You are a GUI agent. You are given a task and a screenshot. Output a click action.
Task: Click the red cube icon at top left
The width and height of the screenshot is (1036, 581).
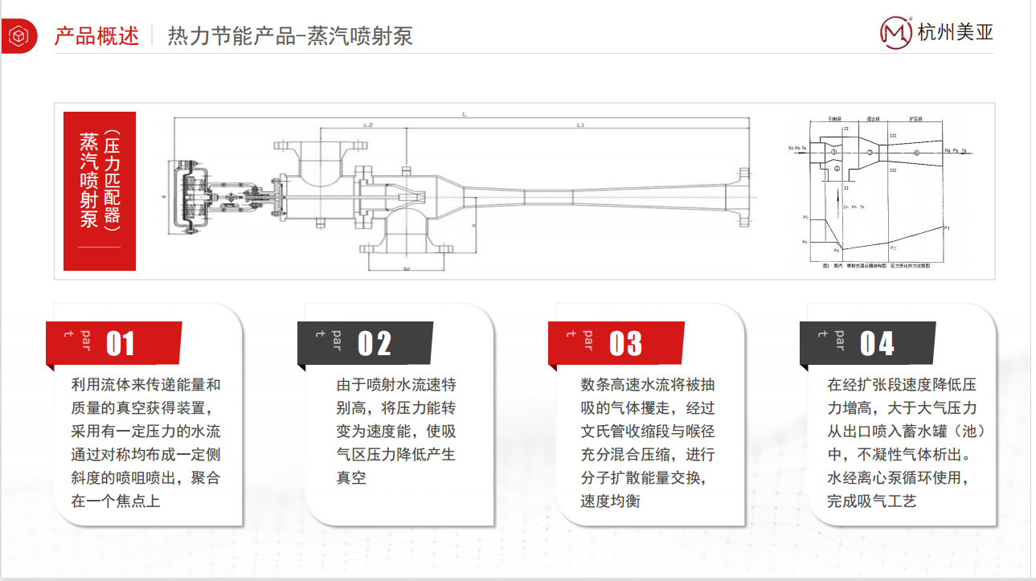pyautogui.click(x=17, y=36)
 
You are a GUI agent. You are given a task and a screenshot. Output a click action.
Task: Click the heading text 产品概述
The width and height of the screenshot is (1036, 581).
pyautogui.click(x=96, y=36)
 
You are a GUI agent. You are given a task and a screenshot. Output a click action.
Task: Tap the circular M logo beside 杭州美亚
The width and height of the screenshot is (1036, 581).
pyautogui.click(x=896, y=33)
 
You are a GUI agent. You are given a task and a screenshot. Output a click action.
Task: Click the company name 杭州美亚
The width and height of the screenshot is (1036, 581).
pyautogui.click(x=956, y=33)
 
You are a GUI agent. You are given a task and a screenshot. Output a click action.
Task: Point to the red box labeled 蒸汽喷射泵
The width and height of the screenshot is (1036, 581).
pyautogui.click(x=100, y=190)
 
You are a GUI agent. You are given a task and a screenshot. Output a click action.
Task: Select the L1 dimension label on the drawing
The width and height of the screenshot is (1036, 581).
pyautogui.click(x=580, y=125)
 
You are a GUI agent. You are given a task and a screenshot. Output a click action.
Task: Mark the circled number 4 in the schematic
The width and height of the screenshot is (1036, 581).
pyautogui.click(x=916, y=152)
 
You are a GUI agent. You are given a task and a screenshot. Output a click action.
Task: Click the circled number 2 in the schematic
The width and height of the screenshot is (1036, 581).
pyautogui.click(x=837, y=169)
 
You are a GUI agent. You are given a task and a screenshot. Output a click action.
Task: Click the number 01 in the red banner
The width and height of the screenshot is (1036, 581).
pyautogui.click(x=121, y=343)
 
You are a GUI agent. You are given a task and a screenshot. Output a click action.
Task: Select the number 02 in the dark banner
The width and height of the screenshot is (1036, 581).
pyautogui.click(x=374, y=343)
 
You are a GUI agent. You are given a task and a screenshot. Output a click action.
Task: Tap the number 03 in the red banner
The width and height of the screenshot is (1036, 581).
pyautogui.click(x=625, y=343)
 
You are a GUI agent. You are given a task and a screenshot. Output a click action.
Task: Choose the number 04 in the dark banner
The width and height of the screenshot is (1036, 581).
pyautogui.click(x=877, y=343)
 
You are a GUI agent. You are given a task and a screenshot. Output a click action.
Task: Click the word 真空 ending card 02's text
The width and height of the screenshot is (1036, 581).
pyautogui.click(x=351, y=478)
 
